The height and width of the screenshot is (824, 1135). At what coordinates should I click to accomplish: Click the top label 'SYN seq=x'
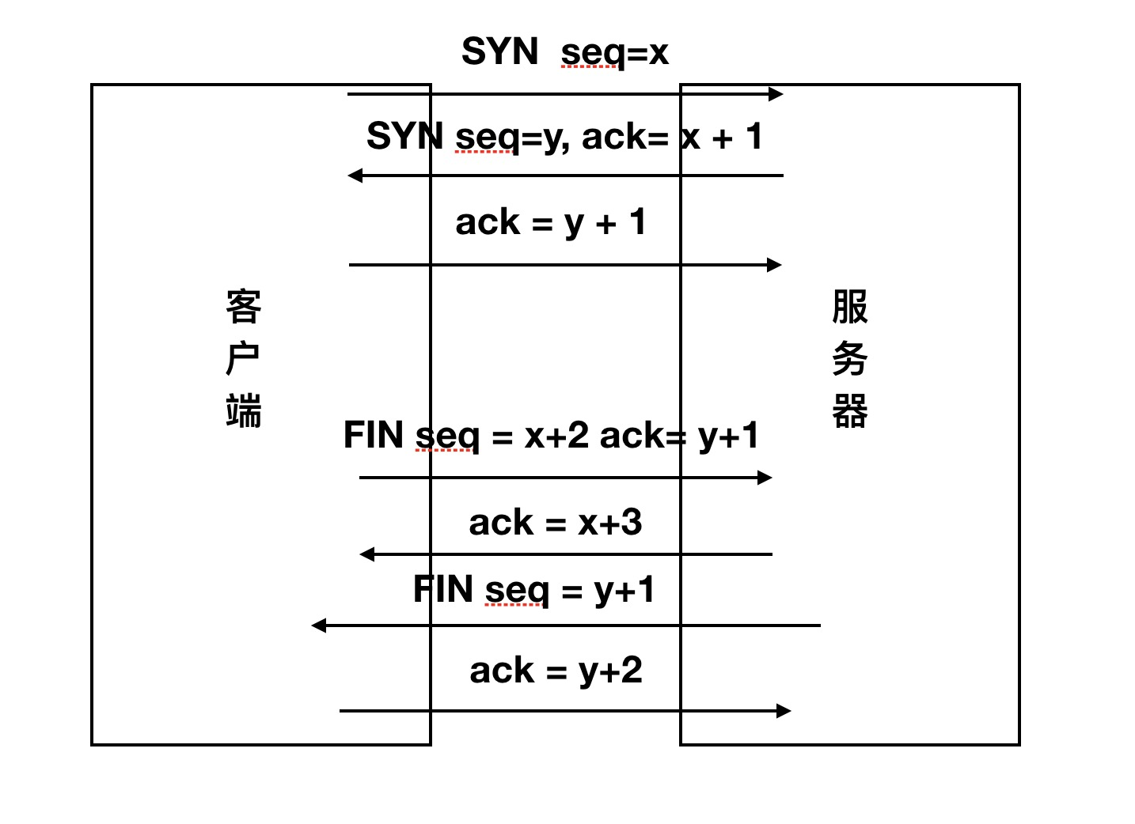(564, 53)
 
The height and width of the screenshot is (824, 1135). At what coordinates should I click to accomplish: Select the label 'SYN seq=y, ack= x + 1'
(564, 137)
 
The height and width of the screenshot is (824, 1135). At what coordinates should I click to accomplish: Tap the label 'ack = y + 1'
(551, 222)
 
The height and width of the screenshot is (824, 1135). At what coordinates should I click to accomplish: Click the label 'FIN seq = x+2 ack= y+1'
(551, 436)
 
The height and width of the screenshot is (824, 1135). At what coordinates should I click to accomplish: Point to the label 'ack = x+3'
(555, 523)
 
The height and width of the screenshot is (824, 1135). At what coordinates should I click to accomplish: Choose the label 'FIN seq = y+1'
(534, 590)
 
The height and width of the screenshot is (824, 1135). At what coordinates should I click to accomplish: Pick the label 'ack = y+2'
(556, 671)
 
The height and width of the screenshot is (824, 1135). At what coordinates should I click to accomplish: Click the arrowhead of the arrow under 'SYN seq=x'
(776, 94)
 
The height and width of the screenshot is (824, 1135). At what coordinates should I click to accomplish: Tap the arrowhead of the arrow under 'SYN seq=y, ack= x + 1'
(355, 176)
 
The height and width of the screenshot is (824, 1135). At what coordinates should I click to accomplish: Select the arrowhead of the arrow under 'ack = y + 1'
(775, 265)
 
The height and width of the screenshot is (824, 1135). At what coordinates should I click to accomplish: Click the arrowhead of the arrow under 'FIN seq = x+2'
(765, 478)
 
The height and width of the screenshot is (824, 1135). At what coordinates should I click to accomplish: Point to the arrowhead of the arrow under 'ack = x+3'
(366, 554)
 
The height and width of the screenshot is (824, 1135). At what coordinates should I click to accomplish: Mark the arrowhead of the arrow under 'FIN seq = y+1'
(318, 626)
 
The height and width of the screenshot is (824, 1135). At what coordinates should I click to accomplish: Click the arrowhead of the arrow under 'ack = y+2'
(784, 711)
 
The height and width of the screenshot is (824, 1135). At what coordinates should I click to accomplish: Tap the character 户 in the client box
(243, 359)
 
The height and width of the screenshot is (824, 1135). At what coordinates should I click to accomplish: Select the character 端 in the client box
(243, 410)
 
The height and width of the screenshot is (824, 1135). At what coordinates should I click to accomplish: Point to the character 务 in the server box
(850, 359)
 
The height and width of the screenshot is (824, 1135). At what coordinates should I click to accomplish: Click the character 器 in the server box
(850, 411)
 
